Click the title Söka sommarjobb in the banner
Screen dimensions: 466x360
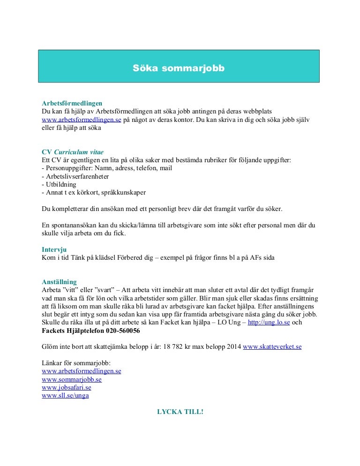[179, 68]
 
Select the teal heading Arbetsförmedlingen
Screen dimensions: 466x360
[72, 103]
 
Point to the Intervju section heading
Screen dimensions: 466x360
[55, 250]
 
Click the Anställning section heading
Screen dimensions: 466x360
[59, 282]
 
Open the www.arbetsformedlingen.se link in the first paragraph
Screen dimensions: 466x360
[82, 120]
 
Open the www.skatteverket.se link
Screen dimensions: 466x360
[272, 346]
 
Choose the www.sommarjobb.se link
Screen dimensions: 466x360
[71, 379]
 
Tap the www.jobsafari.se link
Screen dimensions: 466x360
[66, 387]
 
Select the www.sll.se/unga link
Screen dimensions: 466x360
[65, 395]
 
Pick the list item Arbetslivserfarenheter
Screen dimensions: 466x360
[77, 176]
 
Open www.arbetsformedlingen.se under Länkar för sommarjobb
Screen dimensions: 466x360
[82, 371]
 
